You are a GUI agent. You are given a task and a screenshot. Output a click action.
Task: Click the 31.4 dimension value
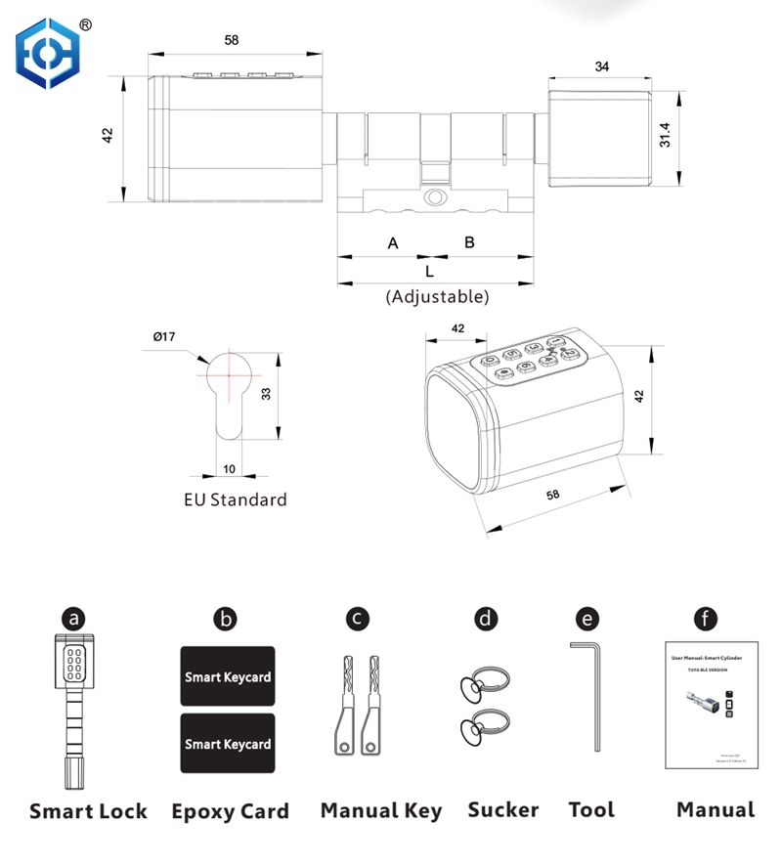point(666,136)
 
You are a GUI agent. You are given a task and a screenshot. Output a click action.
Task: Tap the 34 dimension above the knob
point(601,66)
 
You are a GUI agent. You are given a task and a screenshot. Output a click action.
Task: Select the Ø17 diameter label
point(164,337)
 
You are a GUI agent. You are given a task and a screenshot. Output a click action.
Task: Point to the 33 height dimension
point(265,394)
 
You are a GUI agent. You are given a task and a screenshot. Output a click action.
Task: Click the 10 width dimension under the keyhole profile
point(229,468)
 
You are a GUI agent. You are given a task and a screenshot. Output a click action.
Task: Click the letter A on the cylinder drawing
point(393,242)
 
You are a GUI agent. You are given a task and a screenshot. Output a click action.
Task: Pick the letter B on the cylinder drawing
point(469,241)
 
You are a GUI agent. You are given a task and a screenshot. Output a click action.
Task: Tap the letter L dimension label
point(429,272)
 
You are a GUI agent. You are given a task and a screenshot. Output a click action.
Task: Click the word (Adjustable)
point(437,296)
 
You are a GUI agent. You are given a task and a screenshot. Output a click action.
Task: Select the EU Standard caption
point(236,499)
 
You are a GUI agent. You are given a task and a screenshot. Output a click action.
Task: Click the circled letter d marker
point(486,619)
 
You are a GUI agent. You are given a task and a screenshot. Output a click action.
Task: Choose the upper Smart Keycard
point(228,676)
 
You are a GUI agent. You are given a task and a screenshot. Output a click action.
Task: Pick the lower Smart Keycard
point(228,744)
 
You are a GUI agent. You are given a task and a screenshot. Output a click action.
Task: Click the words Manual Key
point(381,810)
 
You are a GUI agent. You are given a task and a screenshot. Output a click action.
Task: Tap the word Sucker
point(503,809)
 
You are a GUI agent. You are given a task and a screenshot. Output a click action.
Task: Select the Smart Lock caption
point(89,810)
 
